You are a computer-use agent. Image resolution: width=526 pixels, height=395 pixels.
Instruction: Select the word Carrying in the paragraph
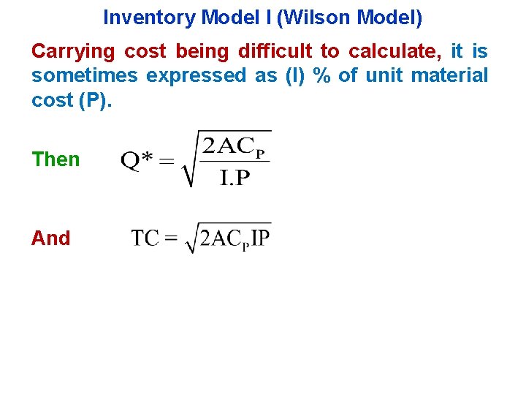(x=73, y=51)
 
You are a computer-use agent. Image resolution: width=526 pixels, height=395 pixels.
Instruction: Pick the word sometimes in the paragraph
(x=85, y=75)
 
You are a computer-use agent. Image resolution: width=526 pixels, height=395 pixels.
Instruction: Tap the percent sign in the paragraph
(x=320, y=75)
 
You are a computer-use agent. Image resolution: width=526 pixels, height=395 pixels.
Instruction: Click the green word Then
(x=56, y=159)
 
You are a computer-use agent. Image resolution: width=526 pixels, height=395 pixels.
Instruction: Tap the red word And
(x=50, y=238)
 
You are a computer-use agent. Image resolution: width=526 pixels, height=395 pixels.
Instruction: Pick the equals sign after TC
(x=172, y=239)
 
